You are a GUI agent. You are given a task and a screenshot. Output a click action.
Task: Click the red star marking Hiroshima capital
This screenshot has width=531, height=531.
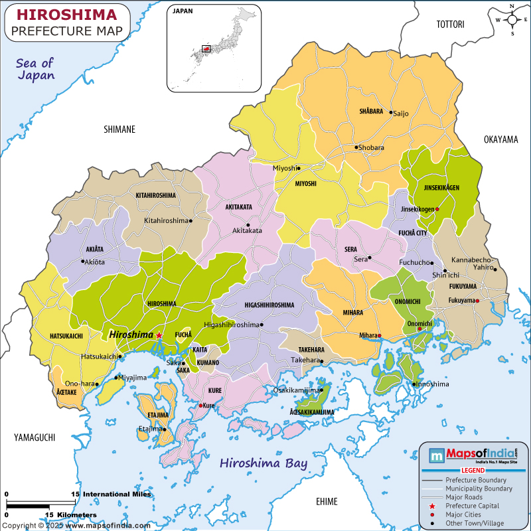(159, 336)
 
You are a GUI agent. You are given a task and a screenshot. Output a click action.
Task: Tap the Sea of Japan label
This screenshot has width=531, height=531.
(36, 69)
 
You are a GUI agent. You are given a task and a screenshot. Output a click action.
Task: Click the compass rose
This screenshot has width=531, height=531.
(512, 20)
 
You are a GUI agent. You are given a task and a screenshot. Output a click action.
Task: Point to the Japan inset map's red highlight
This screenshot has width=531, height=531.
(206, 48)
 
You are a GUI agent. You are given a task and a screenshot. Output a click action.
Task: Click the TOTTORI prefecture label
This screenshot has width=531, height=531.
(449, 25)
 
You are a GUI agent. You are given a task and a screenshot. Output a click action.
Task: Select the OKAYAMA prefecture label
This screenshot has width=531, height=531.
(500, 139)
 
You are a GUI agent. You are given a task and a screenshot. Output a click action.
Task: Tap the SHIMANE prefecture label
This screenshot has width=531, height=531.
(119, 129)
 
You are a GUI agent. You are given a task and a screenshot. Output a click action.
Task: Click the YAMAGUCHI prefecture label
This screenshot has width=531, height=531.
(34, 437)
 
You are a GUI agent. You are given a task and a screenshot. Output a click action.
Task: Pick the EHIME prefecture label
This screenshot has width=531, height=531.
(327, 501)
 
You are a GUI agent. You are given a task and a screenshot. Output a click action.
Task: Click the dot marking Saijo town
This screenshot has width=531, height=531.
(391, 113)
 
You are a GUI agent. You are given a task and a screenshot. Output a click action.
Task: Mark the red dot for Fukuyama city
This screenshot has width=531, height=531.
(477, 301)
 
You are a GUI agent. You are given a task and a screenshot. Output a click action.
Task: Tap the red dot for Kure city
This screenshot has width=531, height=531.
(201, 405)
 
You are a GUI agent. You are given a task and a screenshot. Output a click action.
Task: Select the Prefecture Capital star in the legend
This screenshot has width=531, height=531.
(431, 506)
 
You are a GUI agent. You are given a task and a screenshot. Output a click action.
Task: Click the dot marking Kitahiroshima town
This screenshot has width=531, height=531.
(190, 220)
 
